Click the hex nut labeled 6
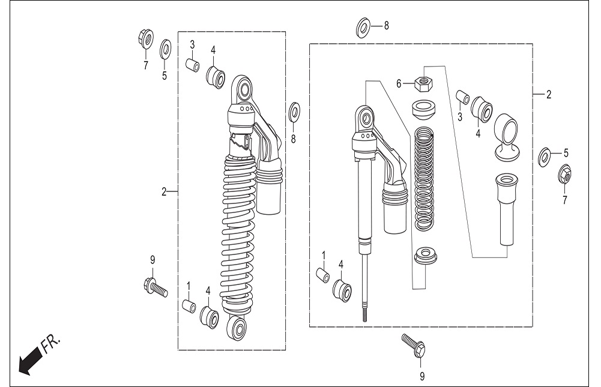tap(424, 84)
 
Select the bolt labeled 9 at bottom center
tap(413, 345)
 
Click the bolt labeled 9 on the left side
tap(155, 288)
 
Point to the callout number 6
tap(399, 83)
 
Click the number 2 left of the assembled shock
tap(164, 191)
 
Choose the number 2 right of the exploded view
tap(549, 94)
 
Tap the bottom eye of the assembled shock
tap(237, 328)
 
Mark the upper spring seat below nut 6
tap(424, 109)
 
